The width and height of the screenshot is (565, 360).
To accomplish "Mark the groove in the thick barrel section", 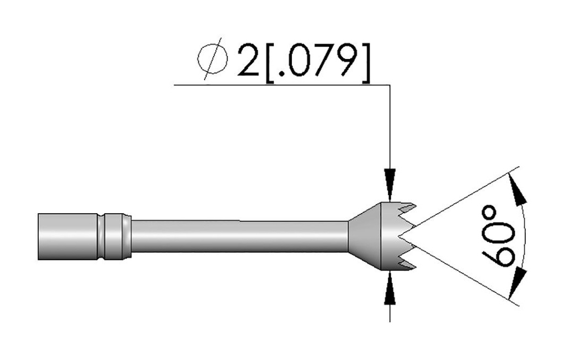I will tap(103, 236).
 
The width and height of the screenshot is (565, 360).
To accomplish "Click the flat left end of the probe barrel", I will tap(39, 236).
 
